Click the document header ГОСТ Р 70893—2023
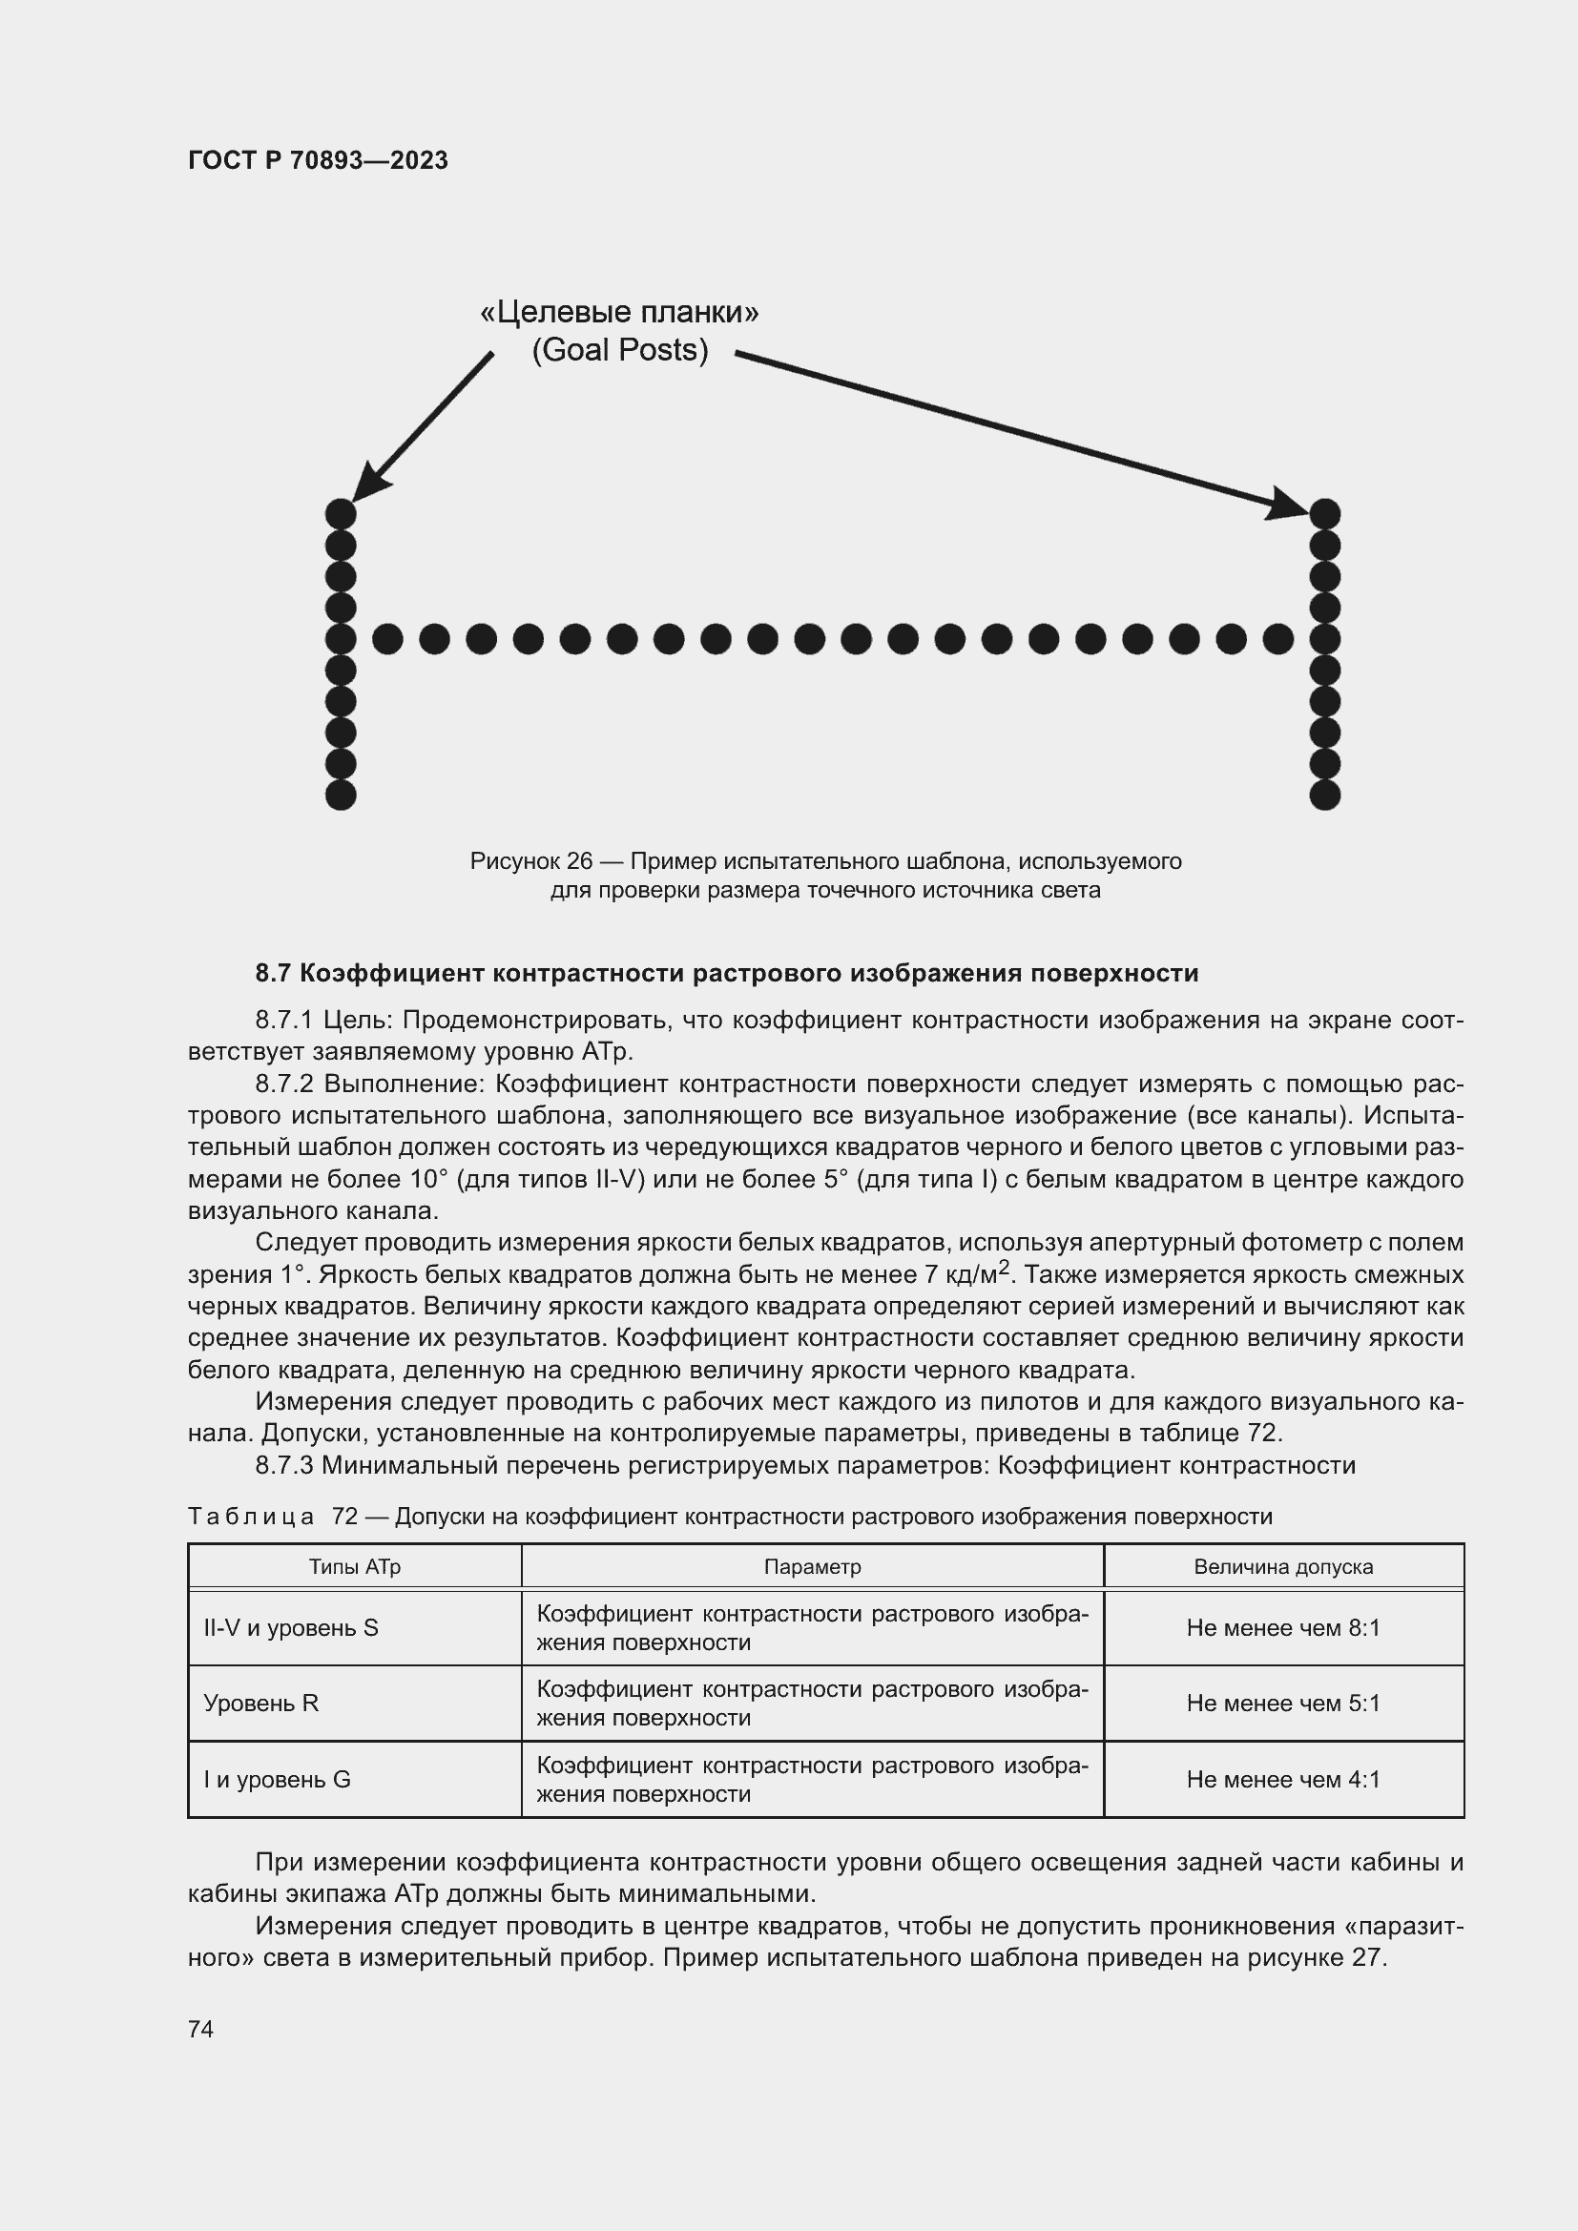point(318,160)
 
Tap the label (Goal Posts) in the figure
point(619,350)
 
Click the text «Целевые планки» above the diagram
point(619,312)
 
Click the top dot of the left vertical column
point(340,513)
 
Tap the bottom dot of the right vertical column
point(1324,795)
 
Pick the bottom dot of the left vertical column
point(340,795)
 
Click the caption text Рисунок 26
point(530,861)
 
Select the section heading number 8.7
point(273,973)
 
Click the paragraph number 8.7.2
point(284,1084)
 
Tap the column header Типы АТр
point(355,1566)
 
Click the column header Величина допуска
point(1282,1566)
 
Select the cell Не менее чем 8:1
point(1282,1627)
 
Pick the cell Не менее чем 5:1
point(1282,1703)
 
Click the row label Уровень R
point(260,1703)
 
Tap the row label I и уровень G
point(277,1779)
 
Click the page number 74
point(200,2029)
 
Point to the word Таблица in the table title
point(251,1516)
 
